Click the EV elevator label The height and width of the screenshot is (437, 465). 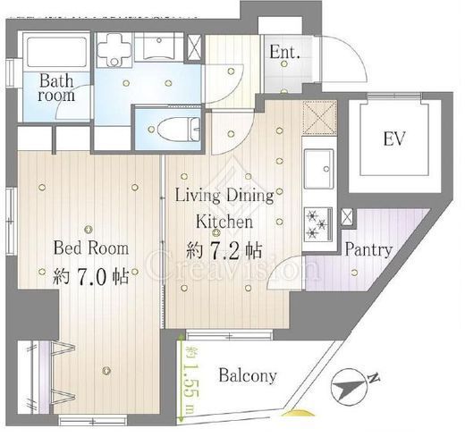394,139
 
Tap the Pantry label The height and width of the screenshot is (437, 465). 368,250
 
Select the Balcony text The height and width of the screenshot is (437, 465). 248,376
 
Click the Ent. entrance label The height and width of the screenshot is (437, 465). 284,53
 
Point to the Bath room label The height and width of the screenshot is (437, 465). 56,88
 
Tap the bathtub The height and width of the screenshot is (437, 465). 56,52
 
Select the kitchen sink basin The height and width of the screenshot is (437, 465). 318,169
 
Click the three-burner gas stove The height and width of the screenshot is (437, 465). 318,224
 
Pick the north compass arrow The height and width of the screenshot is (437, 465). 349,387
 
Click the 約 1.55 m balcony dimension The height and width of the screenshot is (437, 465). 190,381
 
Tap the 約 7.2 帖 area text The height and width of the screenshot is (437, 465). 224,251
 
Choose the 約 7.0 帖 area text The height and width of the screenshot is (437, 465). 91,276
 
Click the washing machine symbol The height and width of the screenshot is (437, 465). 114,49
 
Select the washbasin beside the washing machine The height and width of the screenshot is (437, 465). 158,47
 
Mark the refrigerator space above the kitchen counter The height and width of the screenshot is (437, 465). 319,118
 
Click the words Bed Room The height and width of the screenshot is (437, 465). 91,248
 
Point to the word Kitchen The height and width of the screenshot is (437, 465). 224,222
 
